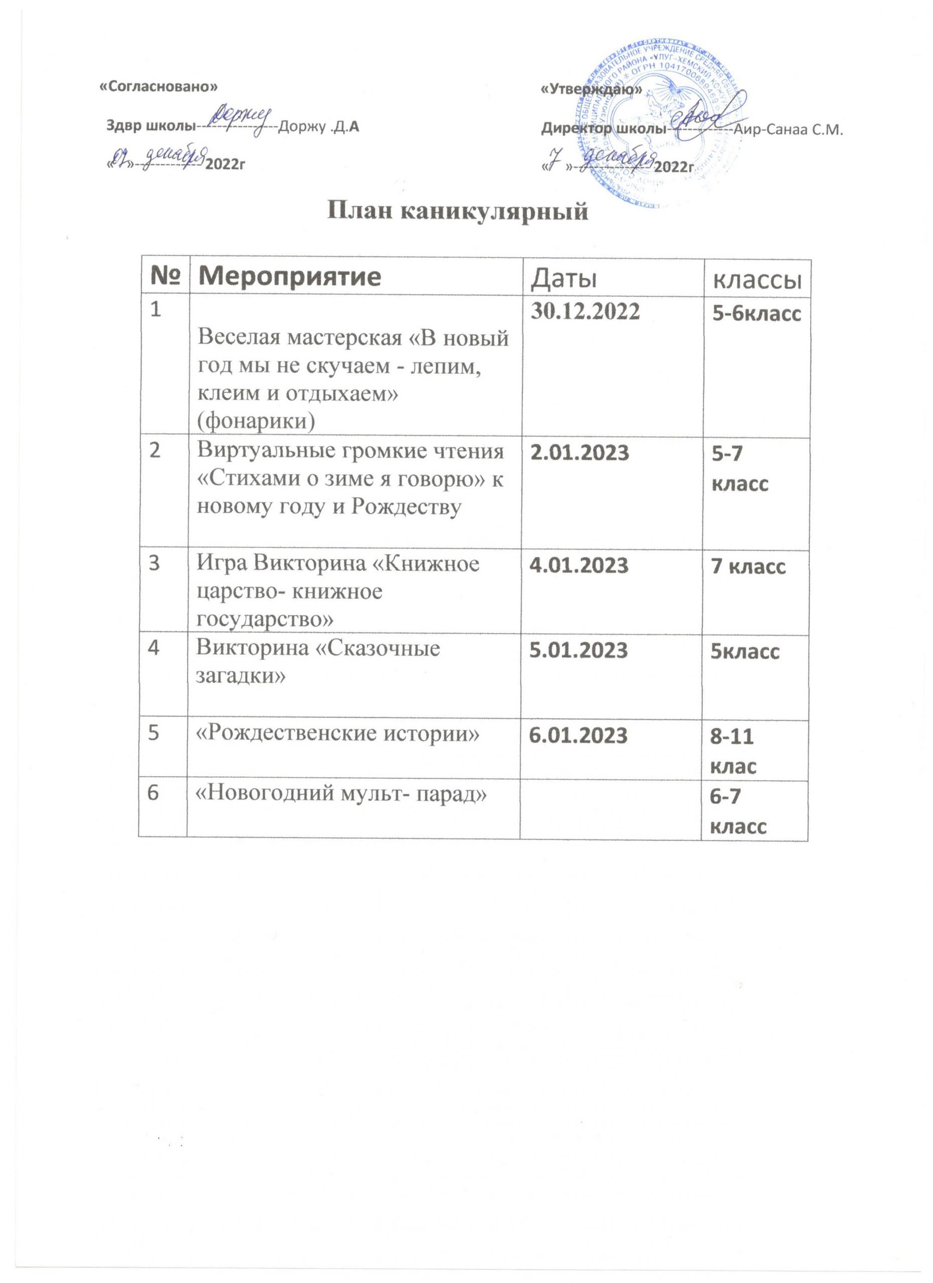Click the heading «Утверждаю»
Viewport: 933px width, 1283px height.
pos(591,89)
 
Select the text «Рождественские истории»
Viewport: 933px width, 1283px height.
pos(337,734)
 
